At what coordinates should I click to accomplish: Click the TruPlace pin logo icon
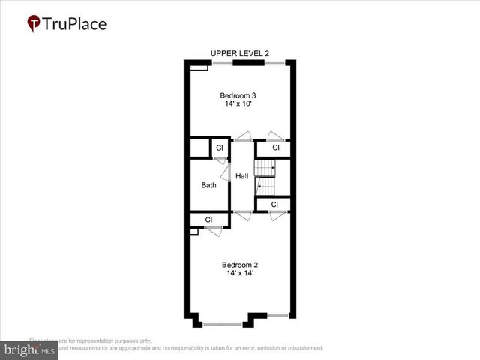[x=34, y=24]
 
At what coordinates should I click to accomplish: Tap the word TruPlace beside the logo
[x=75, y=23]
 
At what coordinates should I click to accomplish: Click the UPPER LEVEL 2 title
[x=239, y=53]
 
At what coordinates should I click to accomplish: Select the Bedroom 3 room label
[x=237, y=95]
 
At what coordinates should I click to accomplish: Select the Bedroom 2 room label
[x=239, y=264]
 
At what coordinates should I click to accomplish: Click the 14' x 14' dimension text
[x=239, y=273]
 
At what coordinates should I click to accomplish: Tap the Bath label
[x=208, y=185]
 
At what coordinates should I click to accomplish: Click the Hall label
[x=241, y=176]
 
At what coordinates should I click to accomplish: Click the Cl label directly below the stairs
[x=274, y=204]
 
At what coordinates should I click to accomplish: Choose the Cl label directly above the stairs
[x=275, y=148]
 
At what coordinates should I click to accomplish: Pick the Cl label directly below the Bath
[x=208, y=220]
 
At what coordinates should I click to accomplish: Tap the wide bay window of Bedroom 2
[x=222, y=324]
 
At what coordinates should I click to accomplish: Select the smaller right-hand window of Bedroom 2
[x=277, y=315]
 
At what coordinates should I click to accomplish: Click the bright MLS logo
[x=28, y=350]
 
